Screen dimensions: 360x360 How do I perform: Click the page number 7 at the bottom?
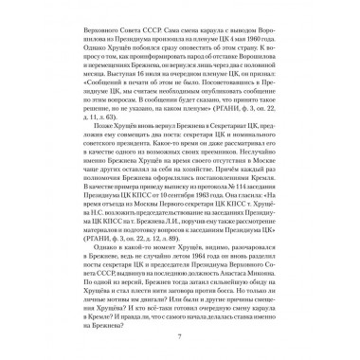tap(180, 339)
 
